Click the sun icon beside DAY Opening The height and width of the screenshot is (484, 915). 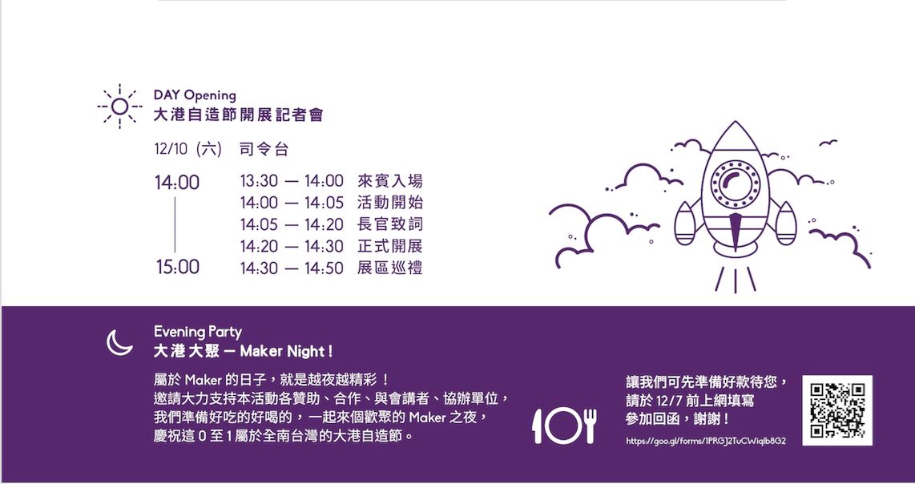[119, 107]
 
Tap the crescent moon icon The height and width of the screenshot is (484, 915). [119, 342]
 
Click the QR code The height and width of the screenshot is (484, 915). [837, 410]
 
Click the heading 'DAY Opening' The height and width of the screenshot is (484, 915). [195, 96]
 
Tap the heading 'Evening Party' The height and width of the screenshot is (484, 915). [197, 332]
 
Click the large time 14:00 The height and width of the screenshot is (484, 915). [177, 184]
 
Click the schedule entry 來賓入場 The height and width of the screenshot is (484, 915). [389, 181]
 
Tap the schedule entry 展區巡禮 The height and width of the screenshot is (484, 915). [389, 268]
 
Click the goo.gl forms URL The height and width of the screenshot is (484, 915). [705, 441]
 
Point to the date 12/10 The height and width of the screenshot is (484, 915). [172, 149]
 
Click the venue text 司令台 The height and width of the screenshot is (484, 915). [264, 149]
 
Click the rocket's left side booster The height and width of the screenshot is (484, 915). [685, 224]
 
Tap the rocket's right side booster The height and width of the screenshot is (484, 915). [786, 224]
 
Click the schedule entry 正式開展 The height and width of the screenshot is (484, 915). [389, 246]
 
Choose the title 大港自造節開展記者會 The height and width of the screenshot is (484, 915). [238, 115]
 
